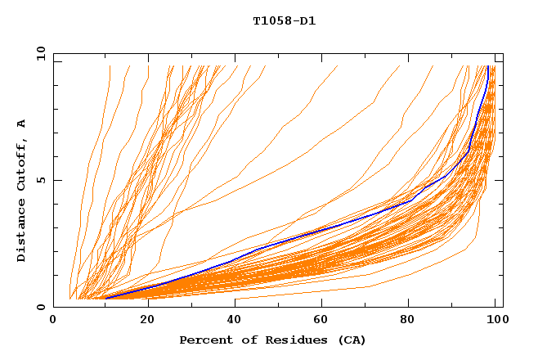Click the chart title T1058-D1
point(284,20)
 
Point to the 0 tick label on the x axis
point(53,320)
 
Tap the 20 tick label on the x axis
point(142,320)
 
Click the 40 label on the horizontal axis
point(231,320)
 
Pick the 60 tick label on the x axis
point(320,320)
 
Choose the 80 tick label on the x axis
point(408,320)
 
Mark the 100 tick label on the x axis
point(496,320)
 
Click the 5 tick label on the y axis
point(38,180)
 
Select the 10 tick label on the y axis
point(38,53)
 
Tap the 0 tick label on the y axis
point(38,307)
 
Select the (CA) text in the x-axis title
point(352,340)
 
